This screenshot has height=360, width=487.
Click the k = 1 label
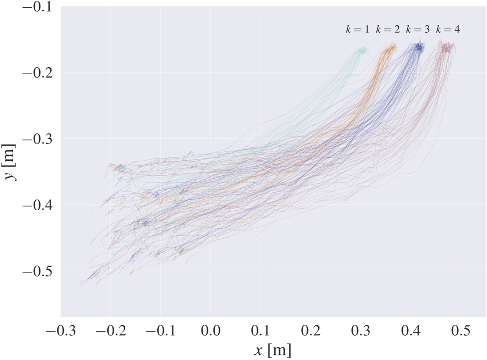coord(357,30)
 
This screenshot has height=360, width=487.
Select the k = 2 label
coord(387,30)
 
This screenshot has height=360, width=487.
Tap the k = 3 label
coord(418,30)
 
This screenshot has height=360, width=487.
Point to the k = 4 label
coord(448,30)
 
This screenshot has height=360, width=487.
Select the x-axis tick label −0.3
coord(61,331)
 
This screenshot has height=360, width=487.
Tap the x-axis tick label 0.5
coord(461,331)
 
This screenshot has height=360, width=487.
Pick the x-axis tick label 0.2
coord(311,331)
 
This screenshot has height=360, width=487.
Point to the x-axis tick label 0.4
coord(411,331)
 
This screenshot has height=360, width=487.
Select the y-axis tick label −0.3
coord(36,139)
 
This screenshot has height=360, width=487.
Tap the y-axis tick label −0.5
coord(36,271)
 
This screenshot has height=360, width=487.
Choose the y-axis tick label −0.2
coord(36,73)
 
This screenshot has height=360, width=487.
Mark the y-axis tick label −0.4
coord(36,205)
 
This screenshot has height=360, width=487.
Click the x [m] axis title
coord(273,350)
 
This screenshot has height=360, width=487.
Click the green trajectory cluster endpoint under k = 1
coord(362,51)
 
